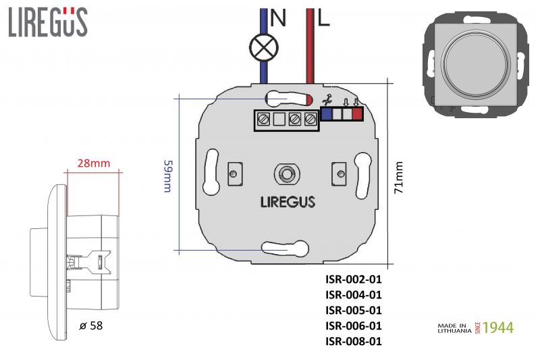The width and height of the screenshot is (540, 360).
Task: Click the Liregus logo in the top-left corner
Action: tap(48, 22)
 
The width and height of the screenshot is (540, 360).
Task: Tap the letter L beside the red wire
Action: tap(324, 19)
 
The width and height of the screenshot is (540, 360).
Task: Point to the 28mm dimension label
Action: tap(94, 163)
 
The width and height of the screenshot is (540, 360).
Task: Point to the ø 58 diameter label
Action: tap(91, 326)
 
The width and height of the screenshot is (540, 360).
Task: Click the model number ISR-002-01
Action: tap(354, 279)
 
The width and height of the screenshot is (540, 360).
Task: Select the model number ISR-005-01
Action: tap(354, 310)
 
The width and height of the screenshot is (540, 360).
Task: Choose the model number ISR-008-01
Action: tap(354, 341)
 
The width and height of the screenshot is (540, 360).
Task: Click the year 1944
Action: tap(498, 328)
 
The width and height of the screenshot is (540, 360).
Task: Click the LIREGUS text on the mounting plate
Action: tap(288, 201)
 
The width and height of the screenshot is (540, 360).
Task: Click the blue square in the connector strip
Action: tap(327, 114)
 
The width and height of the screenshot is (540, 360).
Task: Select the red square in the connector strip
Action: tap(357, 114)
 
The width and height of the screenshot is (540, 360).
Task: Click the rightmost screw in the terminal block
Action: tap(310, 120)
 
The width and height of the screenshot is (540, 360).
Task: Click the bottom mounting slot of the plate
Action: tap(286, 250)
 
